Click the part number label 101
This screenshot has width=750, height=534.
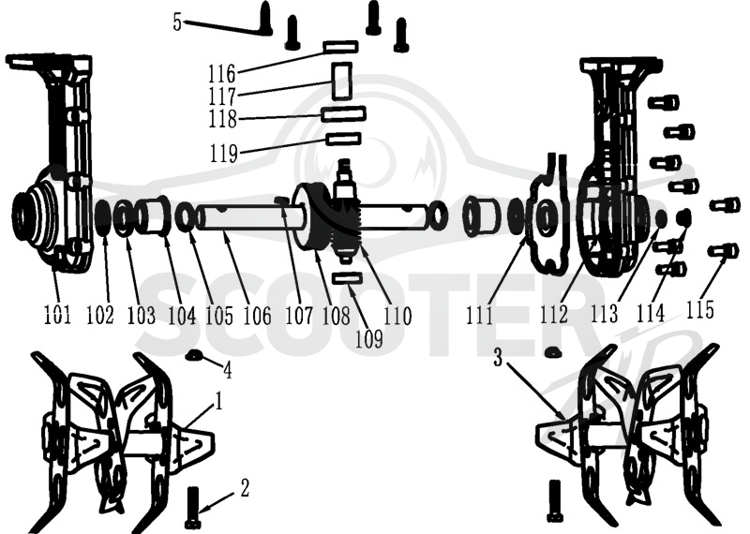pos(57,315)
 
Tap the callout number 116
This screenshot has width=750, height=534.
pos(222,73)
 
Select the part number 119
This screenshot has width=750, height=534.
pos(224,153)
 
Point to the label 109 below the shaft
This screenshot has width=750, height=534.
pos(368,339)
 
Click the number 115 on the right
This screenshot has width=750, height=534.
pos(699,309)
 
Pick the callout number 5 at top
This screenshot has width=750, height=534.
pos(177,22)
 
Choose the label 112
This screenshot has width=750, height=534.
pos(554,314)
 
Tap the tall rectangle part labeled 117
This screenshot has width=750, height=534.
pos(341,82)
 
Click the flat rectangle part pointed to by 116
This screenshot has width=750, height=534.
pos(340,46)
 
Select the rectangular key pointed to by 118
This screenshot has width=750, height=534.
pos(344,113)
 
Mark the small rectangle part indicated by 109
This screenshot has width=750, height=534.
pos(347,277)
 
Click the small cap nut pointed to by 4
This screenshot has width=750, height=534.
pos(194,355)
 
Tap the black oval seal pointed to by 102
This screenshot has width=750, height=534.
pos(102,218)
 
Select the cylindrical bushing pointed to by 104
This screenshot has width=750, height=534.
pos(153,216)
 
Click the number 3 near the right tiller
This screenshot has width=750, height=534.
pos(498,357)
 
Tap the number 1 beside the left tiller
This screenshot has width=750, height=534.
pos(218,402)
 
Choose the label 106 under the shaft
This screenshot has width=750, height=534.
pos(257,315)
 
